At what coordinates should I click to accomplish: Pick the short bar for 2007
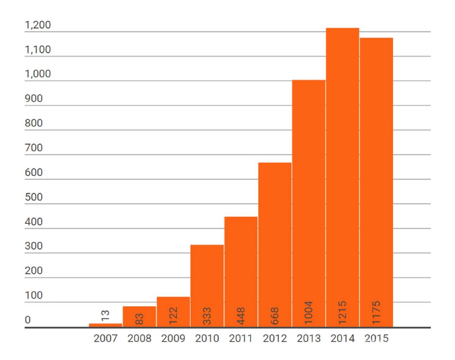(105, 325)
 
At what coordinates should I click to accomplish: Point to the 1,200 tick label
(38, 25)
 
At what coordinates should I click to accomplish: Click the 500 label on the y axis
(33, 198)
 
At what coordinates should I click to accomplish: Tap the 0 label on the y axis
(27, 320)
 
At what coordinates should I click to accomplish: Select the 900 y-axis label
(33, 99)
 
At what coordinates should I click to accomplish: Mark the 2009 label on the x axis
(173, 338)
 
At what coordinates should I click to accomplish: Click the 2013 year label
(309, 338)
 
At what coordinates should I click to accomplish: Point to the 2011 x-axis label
(241, 338)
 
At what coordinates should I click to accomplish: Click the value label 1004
(308, 312)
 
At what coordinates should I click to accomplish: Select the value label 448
(241, 314)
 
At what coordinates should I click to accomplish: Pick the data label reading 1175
(376, 312)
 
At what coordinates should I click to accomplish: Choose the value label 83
(139, 316)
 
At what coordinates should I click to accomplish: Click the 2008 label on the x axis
(139, 338)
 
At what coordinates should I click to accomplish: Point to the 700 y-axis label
(33, 148)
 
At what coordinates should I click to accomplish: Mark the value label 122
(173, 314)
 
